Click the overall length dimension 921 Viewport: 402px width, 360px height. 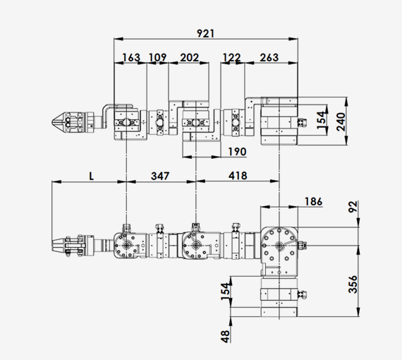pyautogui.click(x=206, y=33)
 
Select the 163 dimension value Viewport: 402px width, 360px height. pyautogui.click(x=131, y=57)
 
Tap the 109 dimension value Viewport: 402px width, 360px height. pyautogui.click(x=158, y=57)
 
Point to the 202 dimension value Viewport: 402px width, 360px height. pyautogui.click(x=190, y=57)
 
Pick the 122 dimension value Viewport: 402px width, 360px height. pyautogui.click(x=232, y=57)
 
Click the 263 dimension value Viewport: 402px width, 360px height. pyautogui.click(x=269, y=57)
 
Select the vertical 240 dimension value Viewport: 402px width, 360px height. pyautogui.click(x=341, y=121)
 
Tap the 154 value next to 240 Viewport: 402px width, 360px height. pyautogui.click(x=322, y=120)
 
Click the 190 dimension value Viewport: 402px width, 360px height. pyautogui.click(x=238, y=152)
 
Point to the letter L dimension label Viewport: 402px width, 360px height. pyautogui.click(x=92, y=176)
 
